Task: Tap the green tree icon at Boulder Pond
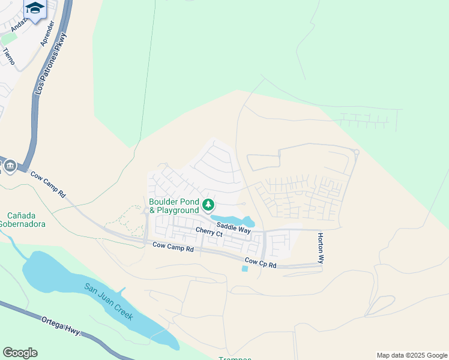[208, 206]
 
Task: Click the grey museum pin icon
[10, 166]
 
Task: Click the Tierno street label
[8, 56]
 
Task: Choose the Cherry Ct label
[209, 232]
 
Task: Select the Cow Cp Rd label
[261, 262]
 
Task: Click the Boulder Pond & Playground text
[174, 206]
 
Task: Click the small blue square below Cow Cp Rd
[244, 269]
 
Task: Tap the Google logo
[20, 352]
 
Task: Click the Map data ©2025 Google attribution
[412, 355]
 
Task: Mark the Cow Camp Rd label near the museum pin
[48, 184]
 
